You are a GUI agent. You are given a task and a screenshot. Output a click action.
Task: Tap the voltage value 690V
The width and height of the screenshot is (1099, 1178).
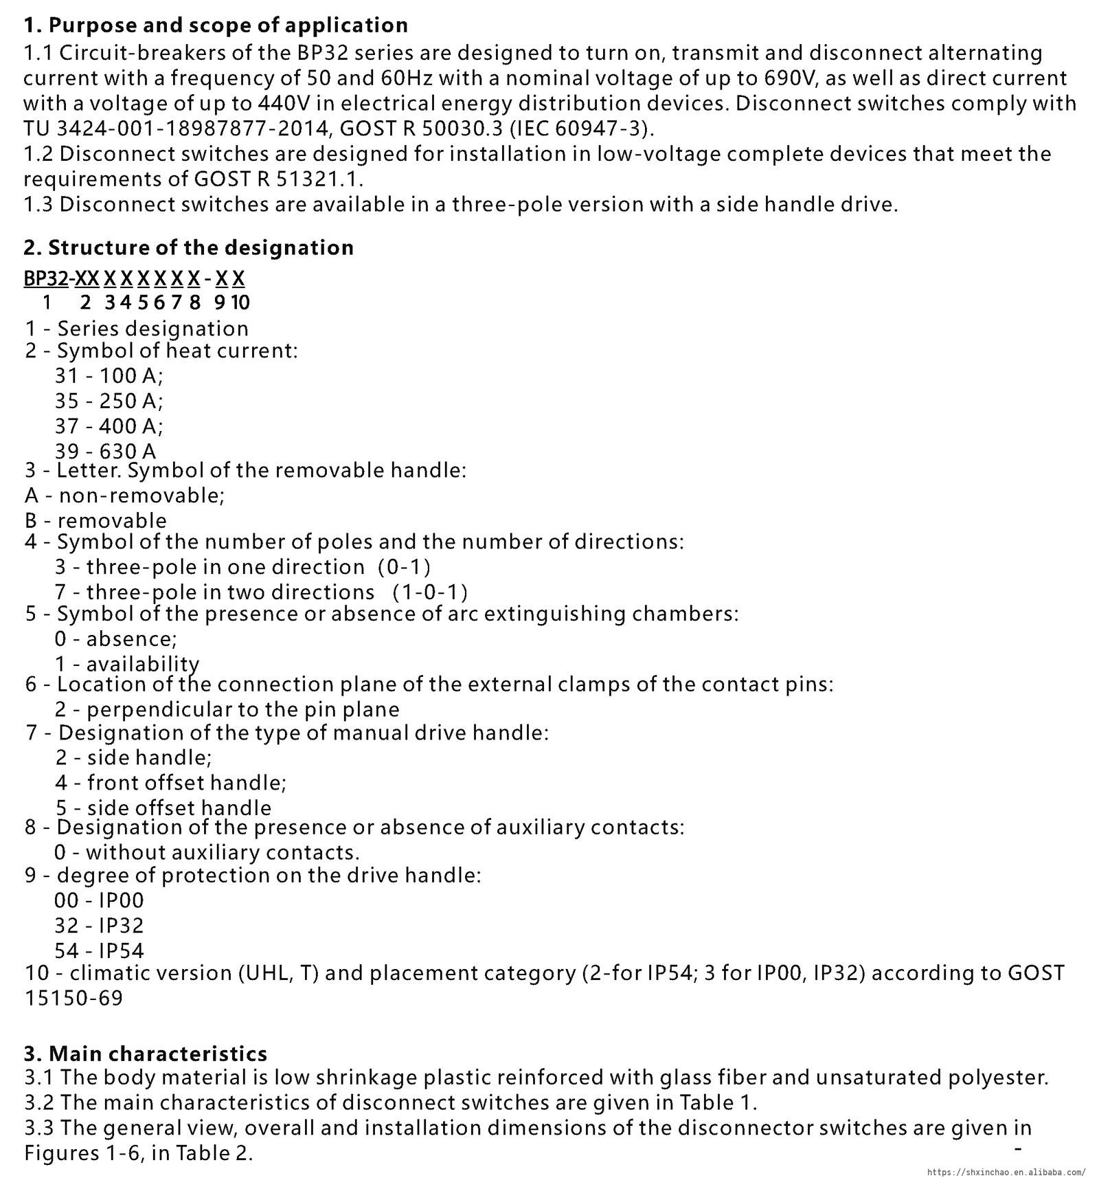pyautogui.click(x=789, y=78)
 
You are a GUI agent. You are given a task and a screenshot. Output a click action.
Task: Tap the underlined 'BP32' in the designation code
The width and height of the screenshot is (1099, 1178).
pyautogui.click(x=45, y=278)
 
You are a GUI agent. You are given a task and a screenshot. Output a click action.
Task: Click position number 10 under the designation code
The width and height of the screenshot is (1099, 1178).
pyautogui.click(x=240, y=302)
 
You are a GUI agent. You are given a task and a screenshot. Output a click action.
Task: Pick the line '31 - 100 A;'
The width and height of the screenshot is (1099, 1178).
pyautogui.click(x=109, y=376)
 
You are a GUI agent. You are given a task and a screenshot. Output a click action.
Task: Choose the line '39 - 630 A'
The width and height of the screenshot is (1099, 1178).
pyautogui.click(x=105, y=451)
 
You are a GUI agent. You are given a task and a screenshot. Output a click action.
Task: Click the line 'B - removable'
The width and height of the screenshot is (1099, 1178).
pyautogui.click(x=95, y=520)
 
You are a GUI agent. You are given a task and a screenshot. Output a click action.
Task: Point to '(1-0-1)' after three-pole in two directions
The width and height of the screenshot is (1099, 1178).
pyautogui.click(x=430, y=592)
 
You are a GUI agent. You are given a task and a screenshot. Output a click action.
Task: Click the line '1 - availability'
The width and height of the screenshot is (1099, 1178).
pyautogui.click(x=127, y=664)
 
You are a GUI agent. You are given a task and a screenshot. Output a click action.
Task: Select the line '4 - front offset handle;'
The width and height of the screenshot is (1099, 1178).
pyautogui.click(x=170, y=782)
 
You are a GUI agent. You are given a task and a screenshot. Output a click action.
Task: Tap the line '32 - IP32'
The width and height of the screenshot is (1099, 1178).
pyautogui.click(x=99, y=925)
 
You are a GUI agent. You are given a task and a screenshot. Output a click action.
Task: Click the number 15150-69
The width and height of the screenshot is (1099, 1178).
pyautogui.click(x=73, y=998)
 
